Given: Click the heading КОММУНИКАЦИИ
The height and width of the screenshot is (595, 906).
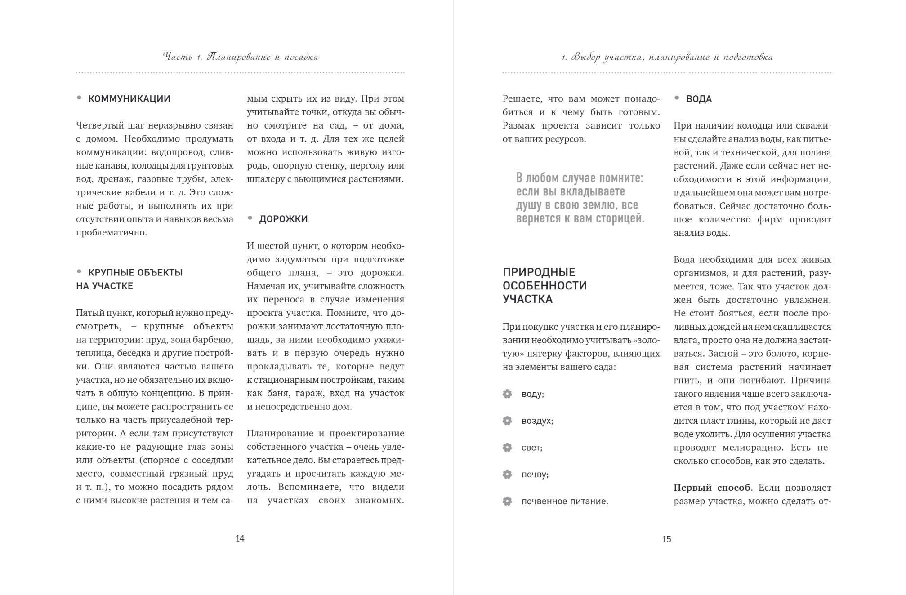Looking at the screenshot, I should pos(129,99).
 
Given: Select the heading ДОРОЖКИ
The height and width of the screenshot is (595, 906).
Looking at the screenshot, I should pos(283,219).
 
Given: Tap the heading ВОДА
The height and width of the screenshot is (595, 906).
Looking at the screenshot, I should pos(699,99).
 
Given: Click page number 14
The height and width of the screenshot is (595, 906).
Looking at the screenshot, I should pos(240,538).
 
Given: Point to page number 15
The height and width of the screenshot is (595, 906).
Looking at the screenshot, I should pos(666,539).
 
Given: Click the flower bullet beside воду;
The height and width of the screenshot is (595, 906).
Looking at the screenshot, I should pos(507,394).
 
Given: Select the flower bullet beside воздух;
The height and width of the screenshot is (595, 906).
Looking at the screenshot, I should pos(507,421).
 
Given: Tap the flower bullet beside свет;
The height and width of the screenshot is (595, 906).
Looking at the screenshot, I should pos(507,448).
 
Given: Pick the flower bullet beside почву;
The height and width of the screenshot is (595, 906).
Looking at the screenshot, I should pos(507,475).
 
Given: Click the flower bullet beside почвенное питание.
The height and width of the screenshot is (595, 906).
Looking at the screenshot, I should pos(507,502).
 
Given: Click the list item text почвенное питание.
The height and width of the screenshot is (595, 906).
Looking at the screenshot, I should pos(565,502).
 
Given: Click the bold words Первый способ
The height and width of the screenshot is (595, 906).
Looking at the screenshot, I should pos(712,488).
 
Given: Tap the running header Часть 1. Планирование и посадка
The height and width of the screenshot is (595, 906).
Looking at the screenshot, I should pos(241,57).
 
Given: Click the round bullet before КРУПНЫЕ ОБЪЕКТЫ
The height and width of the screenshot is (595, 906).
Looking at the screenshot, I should pos(79,272).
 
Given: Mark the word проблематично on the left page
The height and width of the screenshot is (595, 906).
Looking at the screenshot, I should pos(111,233).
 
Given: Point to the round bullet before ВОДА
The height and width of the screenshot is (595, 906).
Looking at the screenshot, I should pos(677,98).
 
